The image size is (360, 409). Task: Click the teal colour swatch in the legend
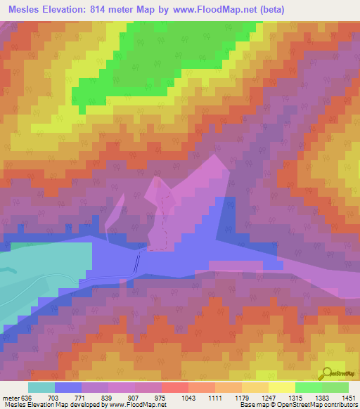coord(41,387)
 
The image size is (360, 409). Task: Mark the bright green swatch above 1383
coord(309,387)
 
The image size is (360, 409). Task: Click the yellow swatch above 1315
coord(282,387)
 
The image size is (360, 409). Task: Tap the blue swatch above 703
coord(68,387)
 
